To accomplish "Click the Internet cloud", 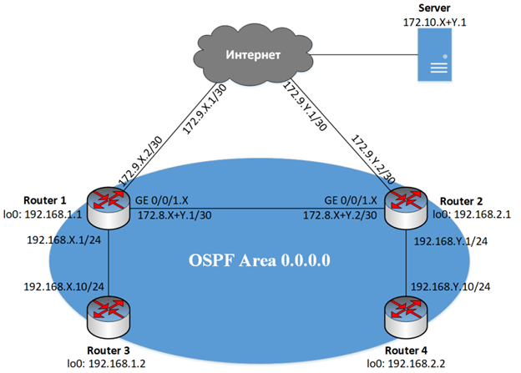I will (x=255, y=56).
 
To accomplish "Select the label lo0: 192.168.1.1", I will (x=43, y=214).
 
